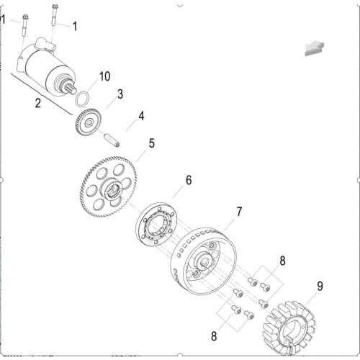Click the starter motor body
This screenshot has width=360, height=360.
click(x=46, y=68)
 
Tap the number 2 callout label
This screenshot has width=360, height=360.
click(x=37, y=103)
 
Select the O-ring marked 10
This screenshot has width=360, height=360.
click(x=84, y=99)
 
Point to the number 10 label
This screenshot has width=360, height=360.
click(x=105, y=76)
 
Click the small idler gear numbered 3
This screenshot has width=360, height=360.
click(x=88, y=122)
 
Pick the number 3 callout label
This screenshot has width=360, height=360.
click(x=120, y=94)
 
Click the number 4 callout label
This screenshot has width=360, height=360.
click(x=141, y=115)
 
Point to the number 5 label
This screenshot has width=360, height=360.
click(x=151, y=143)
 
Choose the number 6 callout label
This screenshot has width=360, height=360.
click(x=189, y=179)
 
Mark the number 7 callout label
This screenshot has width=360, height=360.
click(x=239, y=212)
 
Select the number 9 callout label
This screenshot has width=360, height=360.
click(x=320, y=286)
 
